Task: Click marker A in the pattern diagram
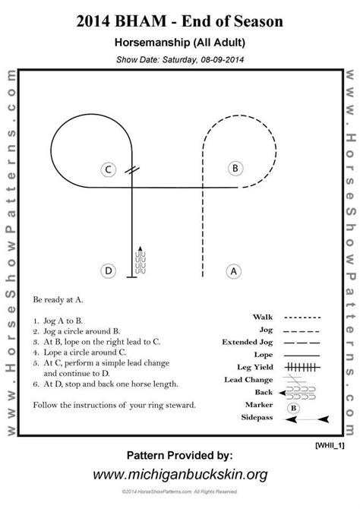[x=234, y=270]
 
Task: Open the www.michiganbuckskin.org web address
[x=179, y=475]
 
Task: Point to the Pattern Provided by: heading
[x=179, y=456]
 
